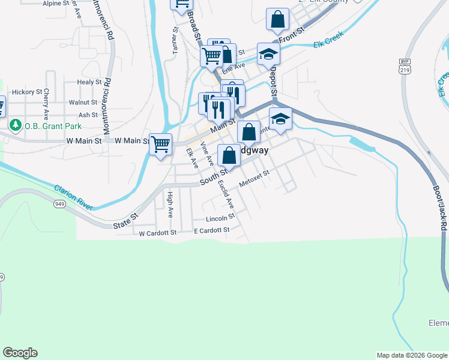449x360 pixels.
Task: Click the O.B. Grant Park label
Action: [x=53, y=125]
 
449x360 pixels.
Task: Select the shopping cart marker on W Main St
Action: [x=160, y=144]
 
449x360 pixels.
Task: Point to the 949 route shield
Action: [x=59, y=204]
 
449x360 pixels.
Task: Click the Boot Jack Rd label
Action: [x=440, y=207]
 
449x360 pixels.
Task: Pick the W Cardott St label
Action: [x=158, y=233]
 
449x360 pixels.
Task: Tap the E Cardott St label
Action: [x=211, y=230]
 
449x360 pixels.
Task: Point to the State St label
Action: [x=126, y=221]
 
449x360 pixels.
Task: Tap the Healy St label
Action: [x=89, y=82]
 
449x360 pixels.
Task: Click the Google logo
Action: [x=20, y=353]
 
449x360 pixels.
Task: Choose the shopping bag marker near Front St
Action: [x=277, y=20]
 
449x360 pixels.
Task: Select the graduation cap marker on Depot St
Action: [x=268, y=55]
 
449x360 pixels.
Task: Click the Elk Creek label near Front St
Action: [x=327, y=44]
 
